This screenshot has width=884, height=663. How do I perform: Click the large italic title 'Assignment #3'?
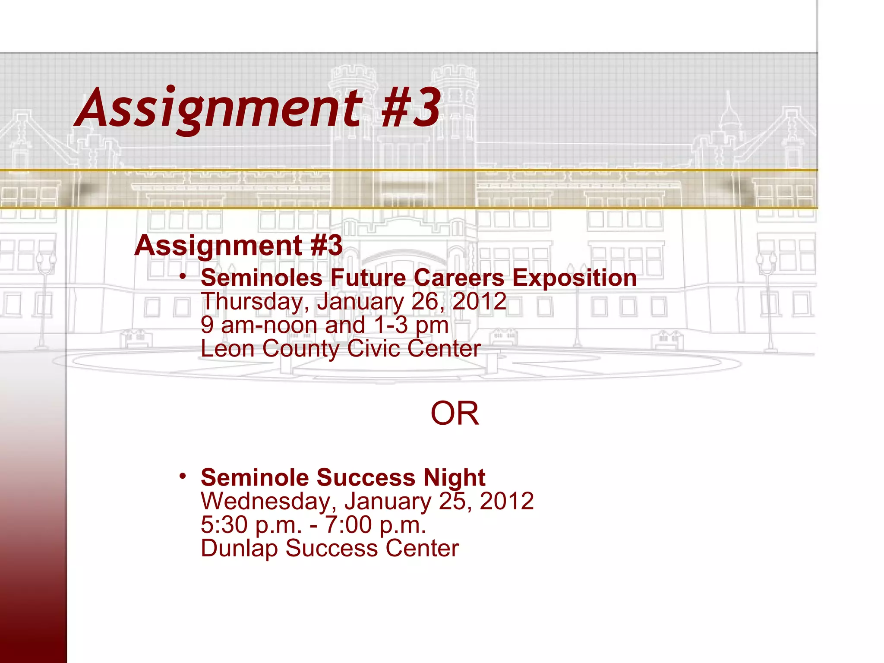coord(258,108)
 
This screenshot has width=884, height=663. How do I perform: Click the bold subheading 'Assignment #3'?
coord(238,245)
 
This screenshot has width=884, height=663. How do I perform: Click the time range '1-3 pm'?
coord(411,325)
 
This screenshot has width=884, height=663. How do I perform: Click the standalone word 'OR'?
coord(455,414)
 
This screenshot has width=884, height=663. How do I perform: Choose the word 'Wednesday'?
coord(268,501)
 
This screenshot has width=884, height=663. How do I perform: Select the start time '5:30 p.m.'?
coord(251,525)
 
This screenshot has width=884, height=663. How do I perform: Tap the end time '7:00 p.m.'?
coord(375,525)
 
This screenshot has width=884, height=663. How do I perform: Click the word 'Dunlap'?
coord(239,549)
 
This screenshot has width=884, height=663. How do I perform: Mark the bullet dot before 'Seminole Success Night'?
coord(183,476)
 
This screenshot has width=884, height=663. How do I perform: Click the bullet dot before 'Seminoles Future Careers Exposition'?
coord(183,276)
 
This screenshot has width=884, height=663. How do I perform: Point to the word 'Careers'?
coord(459,278)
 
